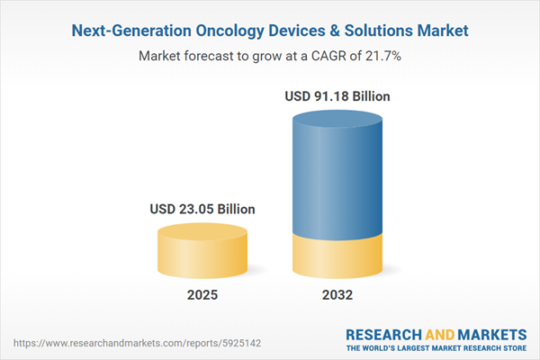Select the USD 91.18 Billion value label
(x=338, y=95)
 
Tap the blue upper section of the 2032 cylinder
(x=338, y=171)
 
